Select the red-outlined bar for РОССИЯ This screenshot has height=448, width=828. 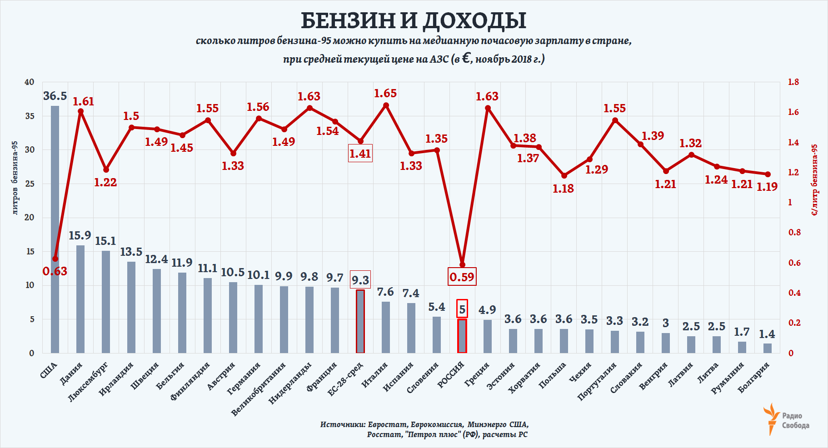[x=462, y=336]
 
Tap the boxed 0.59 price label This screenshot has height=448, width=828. [x=462, y=277]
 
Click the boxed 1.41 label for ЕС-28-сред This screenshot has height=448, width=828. [x=360, y=154]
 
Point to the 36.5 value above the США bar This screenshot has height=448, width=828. [x=55, y=96]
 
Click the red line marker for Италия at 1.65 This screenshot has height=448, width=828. [x=386, y=105]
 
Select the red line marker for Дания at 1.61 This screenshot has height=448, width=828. [x=80, y=111]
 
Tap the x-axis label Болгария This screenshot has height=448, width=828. [x=753, y=377]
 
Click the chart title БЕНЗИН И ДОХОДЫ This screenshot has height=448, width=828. [x=414, y=20]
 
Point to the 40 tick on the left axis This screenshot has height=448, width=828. [x=30, y=82]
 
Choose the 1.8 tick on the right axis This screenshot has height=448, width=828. [x=793, y=82]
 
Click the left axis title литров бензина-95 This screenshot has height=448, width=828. [x=15, y=178]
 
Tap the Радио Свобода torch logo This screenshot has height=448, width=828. [x=771, y=418]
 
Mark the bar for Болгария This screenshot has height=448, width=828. [x=768, y=348]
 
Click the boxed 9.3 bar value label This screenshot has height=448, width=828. [x=360, y=279]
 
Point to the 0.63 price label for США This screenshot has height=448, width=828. [x=55, y=271]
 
